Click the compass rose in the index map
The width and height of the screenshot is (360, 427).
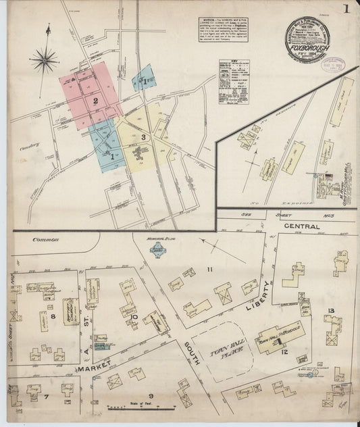(x=43, y=61)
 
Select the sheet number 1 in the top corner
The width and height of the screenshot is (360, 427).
(x=345, y=9)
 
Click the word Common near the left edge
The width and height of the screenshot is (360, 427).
(x=45, y=239)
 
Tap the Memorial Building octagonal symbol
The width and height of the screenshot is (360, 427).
(x=159, y=251)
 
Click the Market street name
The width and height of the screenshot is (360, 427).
(x=94, y=371)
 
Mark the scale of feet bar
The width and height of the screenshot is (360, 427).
(x=142, y=407)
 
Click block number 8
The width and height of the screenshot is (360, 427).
(x=51, y=316)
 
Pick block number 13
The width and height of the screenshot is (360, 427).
(x=330, y=310)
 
